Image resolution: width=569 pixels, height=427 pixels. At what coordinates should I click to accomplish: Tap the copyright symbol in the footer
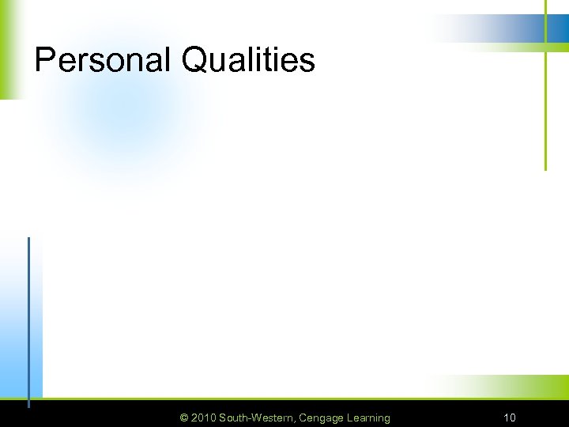pos(184,418)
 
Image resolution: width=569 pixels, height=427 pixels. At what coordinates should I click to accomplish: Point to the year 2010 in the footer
pos(204,418)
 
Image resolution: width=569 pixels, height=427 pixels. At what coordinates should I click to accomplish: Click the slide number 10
pos(510,418)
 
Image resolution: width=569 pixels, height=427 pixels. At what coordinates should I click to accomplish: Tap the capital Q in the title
pos(194,60)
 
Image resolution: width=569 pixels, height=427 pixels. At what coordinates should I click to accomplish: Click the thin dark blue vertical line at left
pos(28,316)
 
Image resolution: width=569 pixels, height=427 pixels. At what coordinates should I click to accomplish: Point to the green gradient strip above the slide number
pos(506,387)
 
